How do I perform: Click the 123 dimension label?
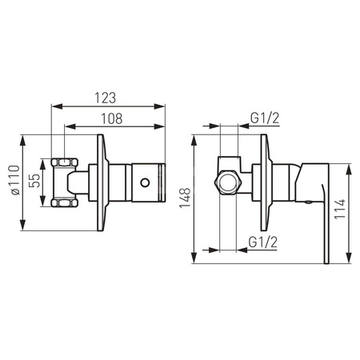tap(106, 98)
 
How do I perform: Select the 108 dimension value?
tap(112, 118)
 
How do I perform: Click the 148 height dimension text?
tap(185, 198)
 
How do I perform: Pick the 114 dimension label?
tap(340, 209)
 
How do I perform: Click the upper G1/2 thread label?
tap(265, 118)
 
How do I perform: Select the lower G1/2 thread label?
tap(263, 242)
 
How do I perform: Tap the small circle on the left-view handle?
tap(145, 182)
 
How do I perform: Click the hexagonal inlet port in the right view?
tap(228, 182)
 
